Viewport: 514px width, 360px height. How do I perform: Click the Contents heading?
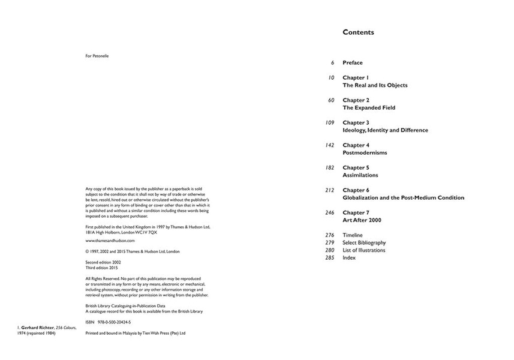click(358, 32)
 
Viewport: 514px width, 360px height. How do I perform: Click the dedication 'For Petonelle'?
click(97, 56)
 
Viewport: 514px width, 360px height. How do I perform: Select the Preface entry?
click(353, 63)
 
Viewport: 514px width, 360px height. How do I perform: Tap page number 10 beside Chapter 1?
click(331, 78)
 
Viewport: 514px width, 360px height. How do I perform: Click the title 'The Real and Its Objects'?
click(375, 85)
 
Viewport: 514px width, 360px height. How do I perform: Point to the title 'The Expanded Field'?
click(369, 108)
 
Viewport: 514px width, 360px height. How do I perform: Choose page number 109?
click(329, 123)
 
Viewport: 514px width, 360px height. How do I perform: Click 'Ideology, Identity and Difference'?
click(385, 130)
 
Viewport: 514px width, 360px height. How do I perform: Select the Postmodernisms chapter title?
click(365, 152)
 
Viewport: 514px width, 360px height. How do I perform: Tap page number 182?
click(329, 167)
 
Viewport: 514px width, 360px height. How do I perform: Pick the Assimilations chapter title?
click(360, 175)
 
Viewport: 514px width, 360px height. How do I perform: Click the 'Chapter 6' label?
click(356, 190)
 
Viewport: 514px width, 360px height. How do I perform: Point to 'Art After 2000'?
click(362, 220)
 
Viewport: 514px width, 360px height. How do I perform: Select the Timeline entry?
click(353, 235)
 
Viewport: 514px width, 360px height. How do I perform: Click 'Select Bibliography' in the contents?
click(364, 243)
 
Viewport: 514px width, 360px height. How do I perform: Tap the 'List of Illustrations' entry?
click(364, 250)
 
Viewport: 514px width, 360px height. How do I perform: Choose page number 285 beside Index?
click(329, 258)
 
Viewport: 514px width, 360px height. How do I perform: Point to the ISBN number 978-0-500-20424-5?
click(122, 321)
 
